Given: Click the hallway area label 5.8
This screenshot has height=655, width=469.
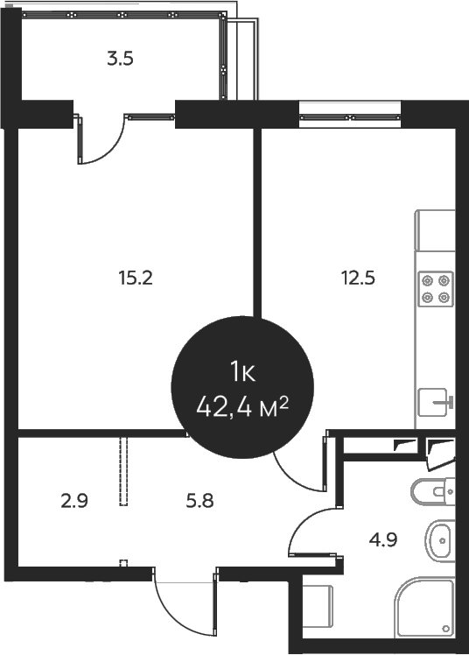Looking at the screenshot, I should click(200, 502).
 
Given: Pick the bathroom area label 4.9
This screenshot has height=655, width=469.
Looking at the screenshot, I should click(384, 539).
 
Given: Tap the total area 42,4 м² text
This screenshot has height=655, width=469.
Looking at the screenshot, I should click(243, 407).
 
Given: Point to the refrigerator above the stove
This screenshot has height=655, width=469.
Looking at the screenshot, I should click(436, 229).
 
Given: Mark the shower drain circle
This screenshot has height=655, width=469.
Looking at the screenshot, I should click(447, 630).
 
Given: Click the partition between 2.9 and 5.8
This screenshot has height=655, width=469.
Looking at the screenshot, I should click(123, 471).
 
